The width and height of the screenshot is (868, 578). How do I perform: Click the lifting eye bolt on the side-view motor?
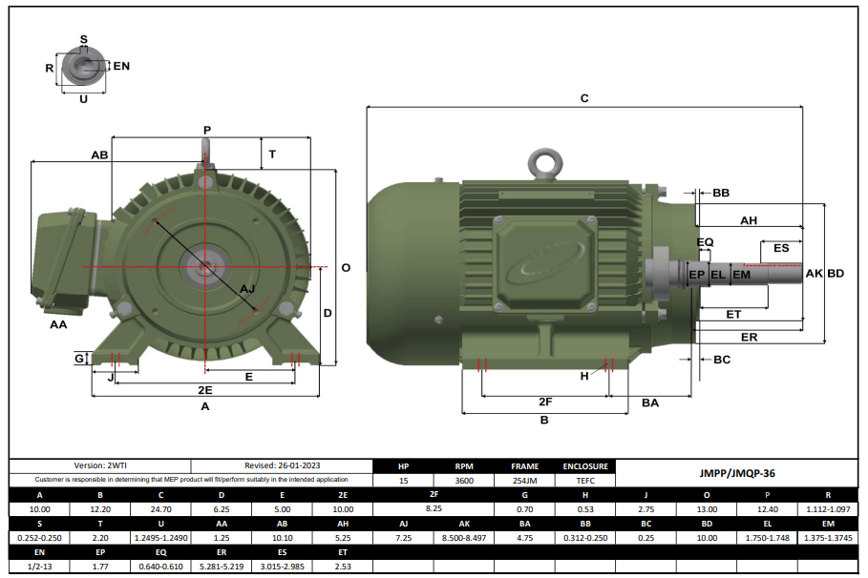tap(546, 163)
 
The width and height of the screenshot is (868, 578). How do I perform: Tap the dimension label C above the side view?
tap(584, 98)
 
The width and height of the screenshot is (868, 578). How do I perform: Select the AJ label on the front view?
tap(246, 289)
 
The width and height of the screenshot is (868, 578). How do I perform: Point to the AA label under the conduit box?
tap(58, 325)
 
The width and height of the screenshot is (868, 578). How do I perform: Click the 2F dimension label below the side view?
tap(545, 402)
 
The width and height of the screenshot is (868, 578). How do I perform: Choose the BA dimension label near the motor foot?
tap(650, 403)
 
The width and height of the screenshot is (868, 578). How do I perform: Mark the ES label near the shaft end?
tap(781, 248)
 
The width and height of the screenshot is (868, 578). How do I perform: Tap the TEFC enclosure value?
tap(584, 481)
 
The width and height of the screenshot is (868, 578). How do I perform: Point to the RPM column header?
tap(464, 466)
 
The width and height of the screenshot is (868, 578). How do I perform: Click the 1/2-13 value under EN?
tap(39, 566)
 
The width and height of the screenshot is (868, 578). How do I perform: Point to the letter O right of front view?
tap(346, 268)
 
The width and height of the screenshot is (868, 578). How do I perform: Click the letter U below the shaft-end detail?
tap(83, 98)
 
